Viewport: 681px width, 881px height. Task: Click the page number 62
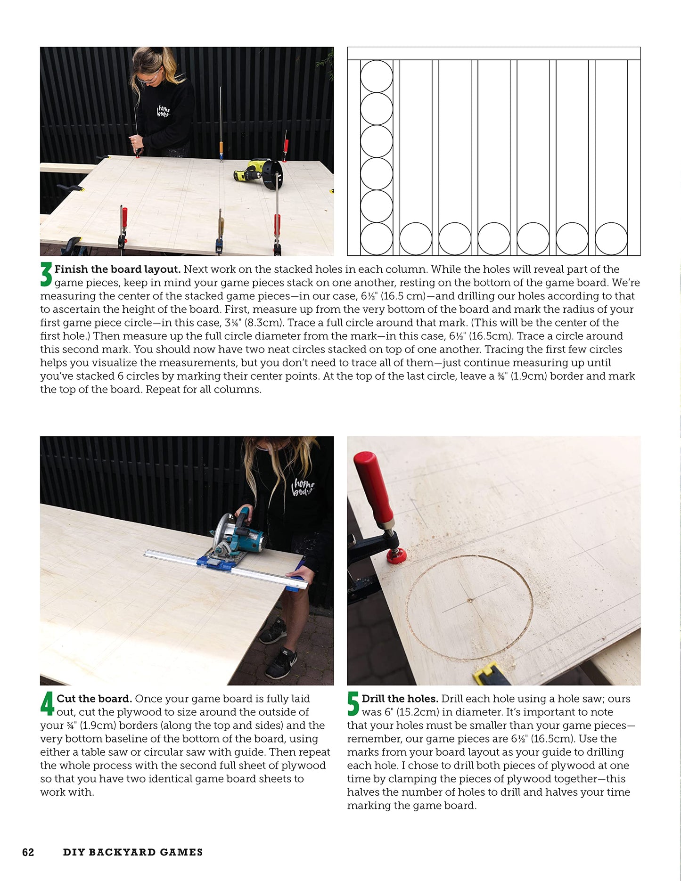tap(28, 852)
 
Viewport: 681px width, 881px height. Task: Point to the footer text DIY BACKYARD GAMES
tap(133, 852)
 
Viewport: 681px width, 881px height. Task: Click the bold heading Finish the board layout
tap(117, 269)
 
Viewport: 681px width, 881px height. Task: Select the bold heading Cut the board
tap(94, 699)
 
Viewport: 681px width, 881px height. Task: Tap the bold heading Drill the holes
tap(400, 699)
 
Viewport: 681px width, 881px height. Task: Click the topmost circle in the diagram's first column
tap(377, 76)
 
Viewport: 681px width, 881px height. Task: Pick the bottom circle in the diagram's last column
tap(611, 239)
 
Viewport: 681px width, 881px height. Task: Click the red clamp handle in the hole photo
tap(375, 485)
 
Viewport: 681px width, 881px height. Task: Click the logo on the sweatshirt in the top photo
tap(163, 112)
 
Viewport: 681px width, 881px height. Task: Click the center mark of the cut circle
tap(470, 600)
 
